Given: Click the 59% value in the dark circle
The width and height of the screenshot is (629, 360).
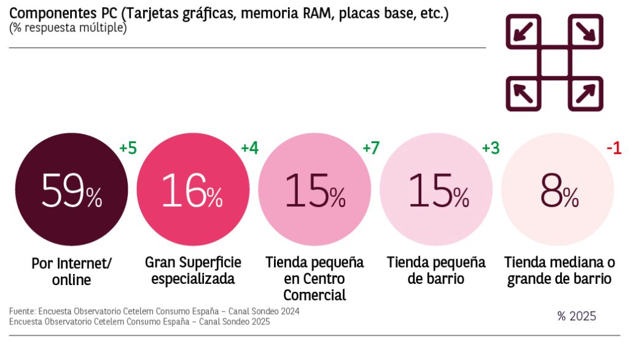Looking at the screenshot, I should click(71, 191).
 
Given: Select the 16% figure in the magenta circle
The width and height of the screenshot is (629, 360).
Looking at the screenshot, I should click(192, 191).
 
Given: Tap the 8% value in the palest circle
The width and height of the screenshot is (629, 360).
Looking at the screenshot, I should click(559, 191).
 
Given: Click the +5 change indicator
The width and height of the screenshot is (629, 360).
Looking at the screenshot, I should click(127, 149).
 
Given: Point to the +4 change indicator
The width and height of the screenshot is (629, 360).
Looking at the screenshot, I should click(249, 149).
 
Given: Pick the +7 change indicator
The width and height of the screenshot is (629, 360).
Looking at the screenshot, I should click(371, 149).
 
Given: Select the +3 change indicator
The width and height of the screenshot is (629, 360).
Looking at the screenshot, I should click(491, 149).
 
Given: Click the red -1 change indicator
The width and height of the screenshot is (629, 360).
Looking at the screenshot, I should click(614, 149).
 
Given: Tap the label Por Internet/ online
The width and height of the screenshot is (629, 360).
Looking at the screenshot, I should click(71, 272).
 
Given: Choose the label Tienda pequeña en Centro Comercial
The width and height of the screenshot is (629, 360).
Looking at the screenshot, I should click(314, 278).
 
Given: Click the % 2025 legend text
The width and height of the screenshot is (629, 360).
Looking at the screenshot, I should click(576, 316).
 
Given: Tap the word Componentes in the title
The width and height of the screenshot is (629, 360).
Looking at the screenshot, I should click(50, 14).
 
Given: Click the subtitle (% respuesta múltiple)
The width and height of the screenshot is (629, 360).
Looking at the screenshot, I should click(68, 28).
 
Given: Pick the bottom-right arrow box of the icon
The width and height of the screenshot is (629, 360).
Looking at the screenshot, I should click(585, 94).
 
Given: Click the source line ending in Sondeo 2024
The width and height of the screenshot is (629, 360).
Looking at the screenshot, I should click(154, 311).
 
